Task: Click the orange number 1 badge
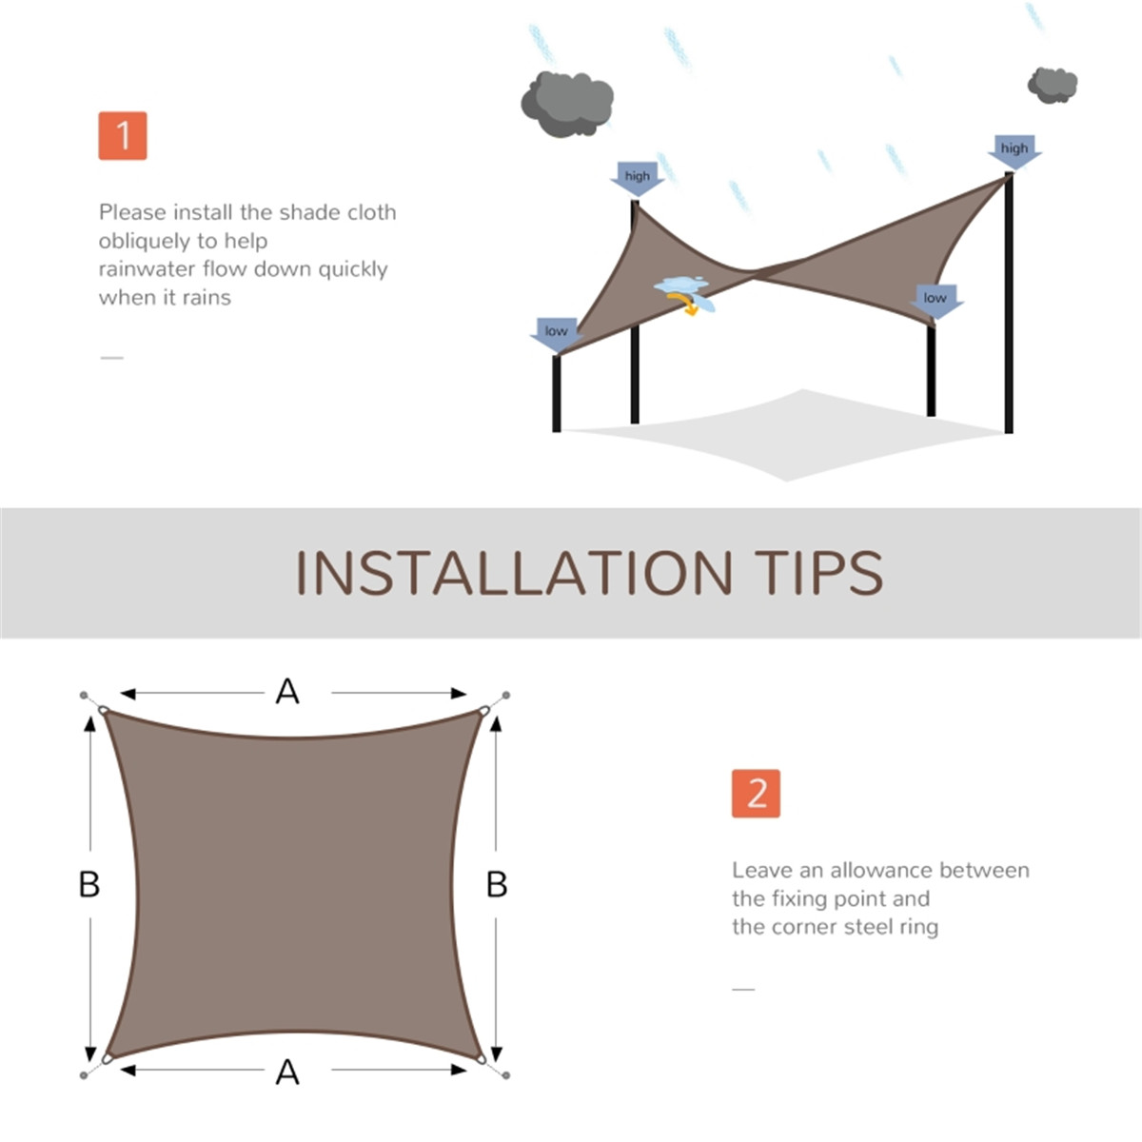tap(123, 135)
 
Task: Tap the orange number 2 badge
tap(756, 794)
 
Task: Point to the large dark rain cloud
tap(567, 103)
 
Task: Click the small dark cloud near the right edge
tap(1052, 85)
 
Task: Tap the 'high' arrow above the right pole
tap(1014, 151)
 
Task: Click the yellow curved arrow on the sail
tap(684, 303)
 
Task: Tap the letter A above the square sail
tap(287, 692)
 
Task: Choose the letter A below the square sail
tap(287, 1073)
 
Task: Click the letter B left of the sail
tap(89, 884)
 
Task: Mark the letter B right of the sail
tap(497, 884)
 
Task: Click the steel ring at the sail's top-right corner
tap(483, 711)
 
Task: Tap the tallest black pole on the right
tap(1009, 305)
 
